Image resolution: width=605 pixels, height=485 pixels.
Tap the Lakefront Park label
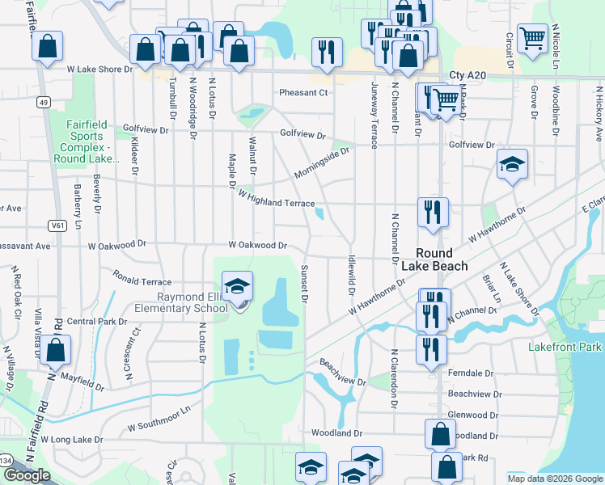565,347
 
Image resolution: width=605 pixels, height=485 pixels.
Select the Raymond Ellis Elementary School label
192,302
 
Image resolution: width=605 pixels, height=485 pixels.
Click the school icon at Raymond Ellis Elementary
237,289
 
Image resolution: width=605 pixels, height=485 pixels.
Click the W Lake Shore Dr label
99,70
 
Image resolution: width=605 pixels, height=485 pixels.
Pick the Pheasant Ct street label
303,93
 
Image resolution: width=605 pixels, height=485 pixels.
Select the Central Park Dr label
97,321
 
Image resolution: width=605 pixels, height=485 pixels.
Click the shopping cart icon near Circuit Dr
532,37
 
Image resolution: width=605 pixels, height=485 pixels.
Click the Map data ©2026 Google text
555,478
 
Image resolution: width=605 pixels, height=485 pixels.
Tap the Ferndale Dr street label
470,373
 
